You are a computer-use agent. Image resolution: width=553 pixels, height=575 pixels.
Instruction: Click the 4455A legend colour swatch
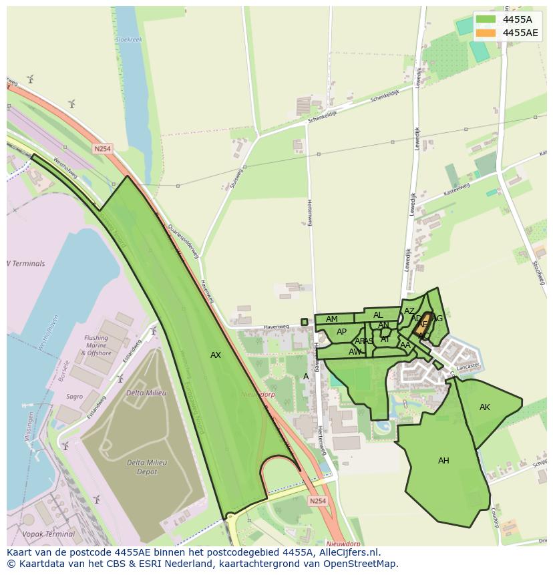pos(486,19)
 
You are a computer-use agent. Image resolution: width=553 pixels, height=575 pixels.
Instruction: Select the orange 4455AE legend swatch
pos(486,33)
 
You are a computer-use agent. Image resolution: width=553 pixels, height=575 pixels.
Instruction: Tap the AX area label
pos(216,355)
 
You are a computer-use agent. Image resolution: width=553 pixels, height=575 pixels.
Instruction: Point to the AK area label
pos(485,407)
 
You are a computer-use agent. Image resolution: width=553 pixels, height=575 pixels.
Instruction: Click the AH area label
pos(443,461)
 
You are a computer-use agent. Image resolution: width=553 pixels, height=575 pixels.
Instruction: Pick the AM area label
pos(332,319)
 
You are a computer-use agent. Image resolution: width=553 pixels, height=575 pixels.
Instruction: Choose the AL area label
pos(378,315)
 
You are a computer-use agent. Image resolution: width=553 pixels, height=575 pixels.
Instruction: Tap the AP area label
pos(341,332)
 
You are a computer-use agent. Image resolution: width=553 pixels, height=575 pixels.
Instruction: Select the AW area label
pos(355,351)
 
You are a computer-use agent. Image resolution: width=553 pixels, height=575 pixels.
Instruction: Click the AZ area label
pos(409,311)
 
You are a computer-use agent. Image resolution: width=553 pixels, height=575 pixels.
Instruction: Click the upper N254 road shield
pos(102,149)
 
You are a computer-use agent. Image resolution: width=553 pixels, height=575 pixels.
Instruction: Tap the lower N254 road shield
pos(318,500)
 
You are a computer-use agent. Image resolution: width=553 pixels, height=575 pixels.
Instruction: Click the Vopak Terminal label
pos(48,534)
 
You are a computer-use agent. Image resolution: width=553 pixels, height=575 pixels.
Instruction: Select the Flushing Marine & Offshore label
pos(96,345)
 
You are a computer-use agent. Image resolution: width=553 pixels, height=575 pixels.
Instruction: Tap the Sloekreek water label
pos(128,40)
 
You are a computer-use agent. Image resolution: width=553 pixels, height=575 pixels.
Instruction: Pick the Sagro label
pos(74,397)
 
